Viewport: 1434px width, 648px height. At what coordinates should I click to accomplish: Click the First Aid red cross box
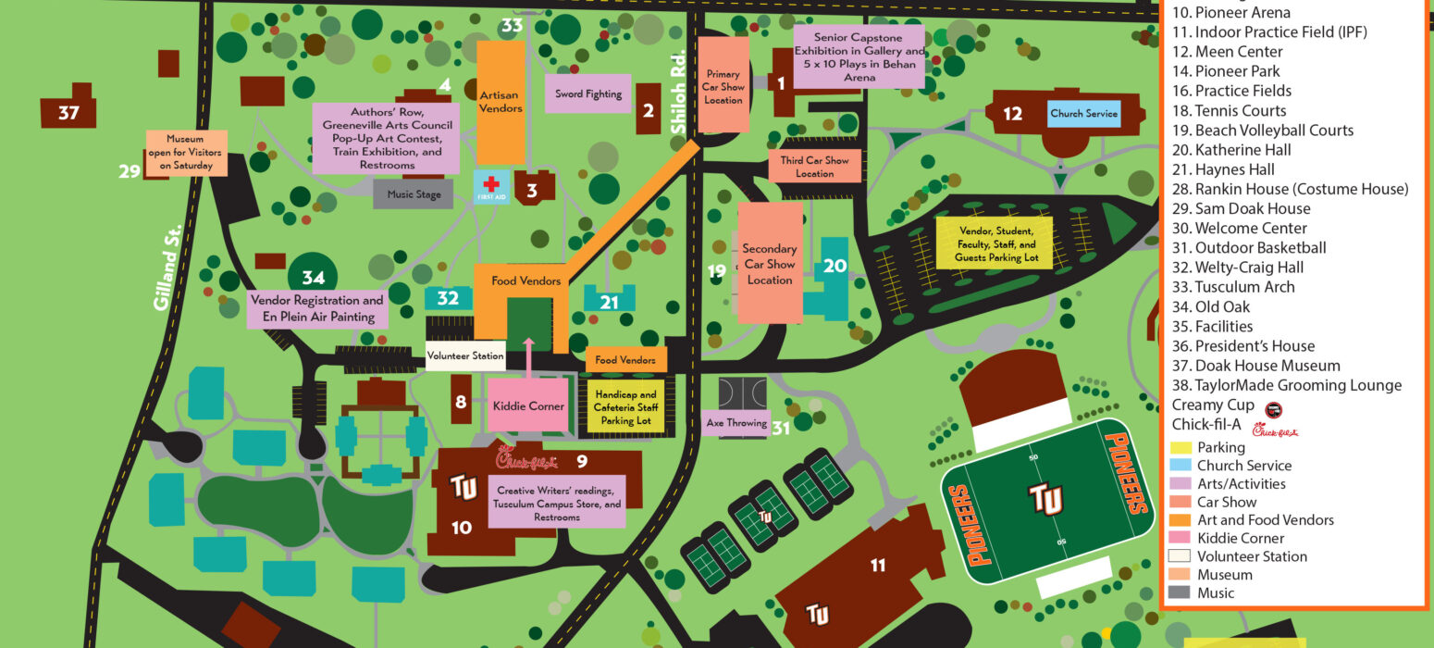(491, 186)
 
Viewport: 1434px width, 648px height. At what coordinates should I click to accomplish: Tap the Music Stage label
(414, 194)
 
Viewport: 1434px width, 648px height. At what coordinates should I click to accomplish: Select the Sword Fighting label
(587, 93)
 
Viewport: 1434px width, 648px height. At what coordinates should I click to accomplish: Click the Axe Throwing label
(736, 423)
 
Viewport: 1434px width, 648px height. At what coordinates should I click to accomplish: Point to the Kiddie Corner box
(527, 405)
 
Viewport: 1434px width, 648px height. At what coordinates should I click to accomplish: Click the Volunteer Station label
(464, 355)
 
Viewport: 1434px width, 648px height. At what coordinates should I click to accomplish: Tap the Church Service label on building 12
(1084, 114)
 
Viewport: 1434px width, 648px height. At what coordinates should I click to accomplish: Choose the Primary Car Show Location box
(723, 86)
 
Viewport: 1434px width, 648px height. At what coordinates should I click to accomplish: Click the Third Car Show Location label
(814, 167)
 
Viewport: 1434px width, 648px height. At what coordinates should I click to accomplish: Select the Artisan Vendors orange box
(501, 102)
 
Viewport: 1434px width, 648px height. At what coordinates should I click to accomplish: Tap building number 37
(68, 112)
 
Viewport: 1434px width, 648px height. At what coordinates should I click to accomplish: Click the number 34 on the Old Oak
(313, 277)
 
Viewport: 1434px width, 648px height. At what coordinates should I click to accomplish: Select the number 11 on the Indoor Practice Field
(878, 565)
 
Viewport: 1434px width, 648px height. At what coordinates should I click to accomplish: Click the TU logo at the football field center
(1047, 498)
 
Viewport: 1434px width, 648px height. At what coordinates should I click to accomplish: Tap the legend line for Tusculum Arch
(1244, 287)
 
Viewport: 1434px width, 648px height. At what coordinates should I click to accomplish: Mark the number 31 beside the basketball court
(782, 428)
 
